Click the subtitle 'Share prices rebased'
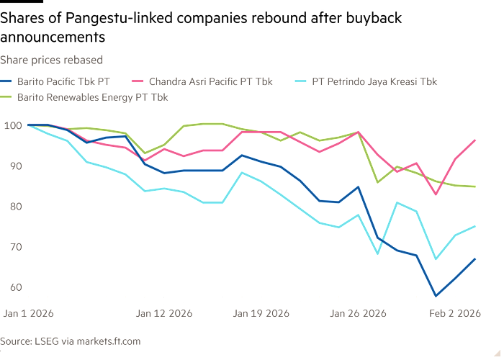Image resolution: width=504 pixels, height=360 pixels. pyautogui.click(x=51, y=60)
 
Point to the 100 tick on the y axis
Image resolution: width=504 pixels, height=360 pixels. pyautogui.click(x=13, y=126)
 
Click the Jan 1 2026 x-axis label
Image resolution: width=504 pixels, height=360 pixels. pyautogui.click(x=28, y=314)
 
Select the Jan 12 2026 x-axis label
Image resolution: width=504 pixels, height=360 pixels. pyautogui.click(x=164, y=314)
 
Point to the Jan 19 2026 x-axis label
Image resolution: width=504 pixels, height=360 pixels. pyautogui.click(x=261, y=314)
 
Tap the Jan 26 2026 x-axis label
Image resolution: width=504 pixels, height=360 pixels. pyautogui.click(x=359, y=314)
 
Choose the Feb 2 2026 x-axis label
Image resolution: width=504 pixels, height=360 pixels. pyautogui.click(x=454, y=314)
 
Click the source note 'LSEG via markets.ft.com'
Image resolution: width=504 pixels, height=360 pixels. pyautogui.click(x=71, y=341)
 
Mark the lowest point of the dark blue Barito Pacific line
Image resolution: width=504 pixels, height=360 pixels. pyautogui.click(x=435, y=295)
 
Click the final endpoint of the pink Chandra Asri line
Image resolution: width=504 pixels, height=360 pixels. pyautogui.click(x=475, y=140)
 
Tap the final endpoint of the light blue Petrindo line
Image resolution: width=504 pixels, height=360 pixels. pyautogui.click(x=475, y=226)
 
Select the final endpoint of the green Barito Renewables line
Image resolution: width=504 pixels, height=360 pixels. pyautogui.click(x=475, y=186)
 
